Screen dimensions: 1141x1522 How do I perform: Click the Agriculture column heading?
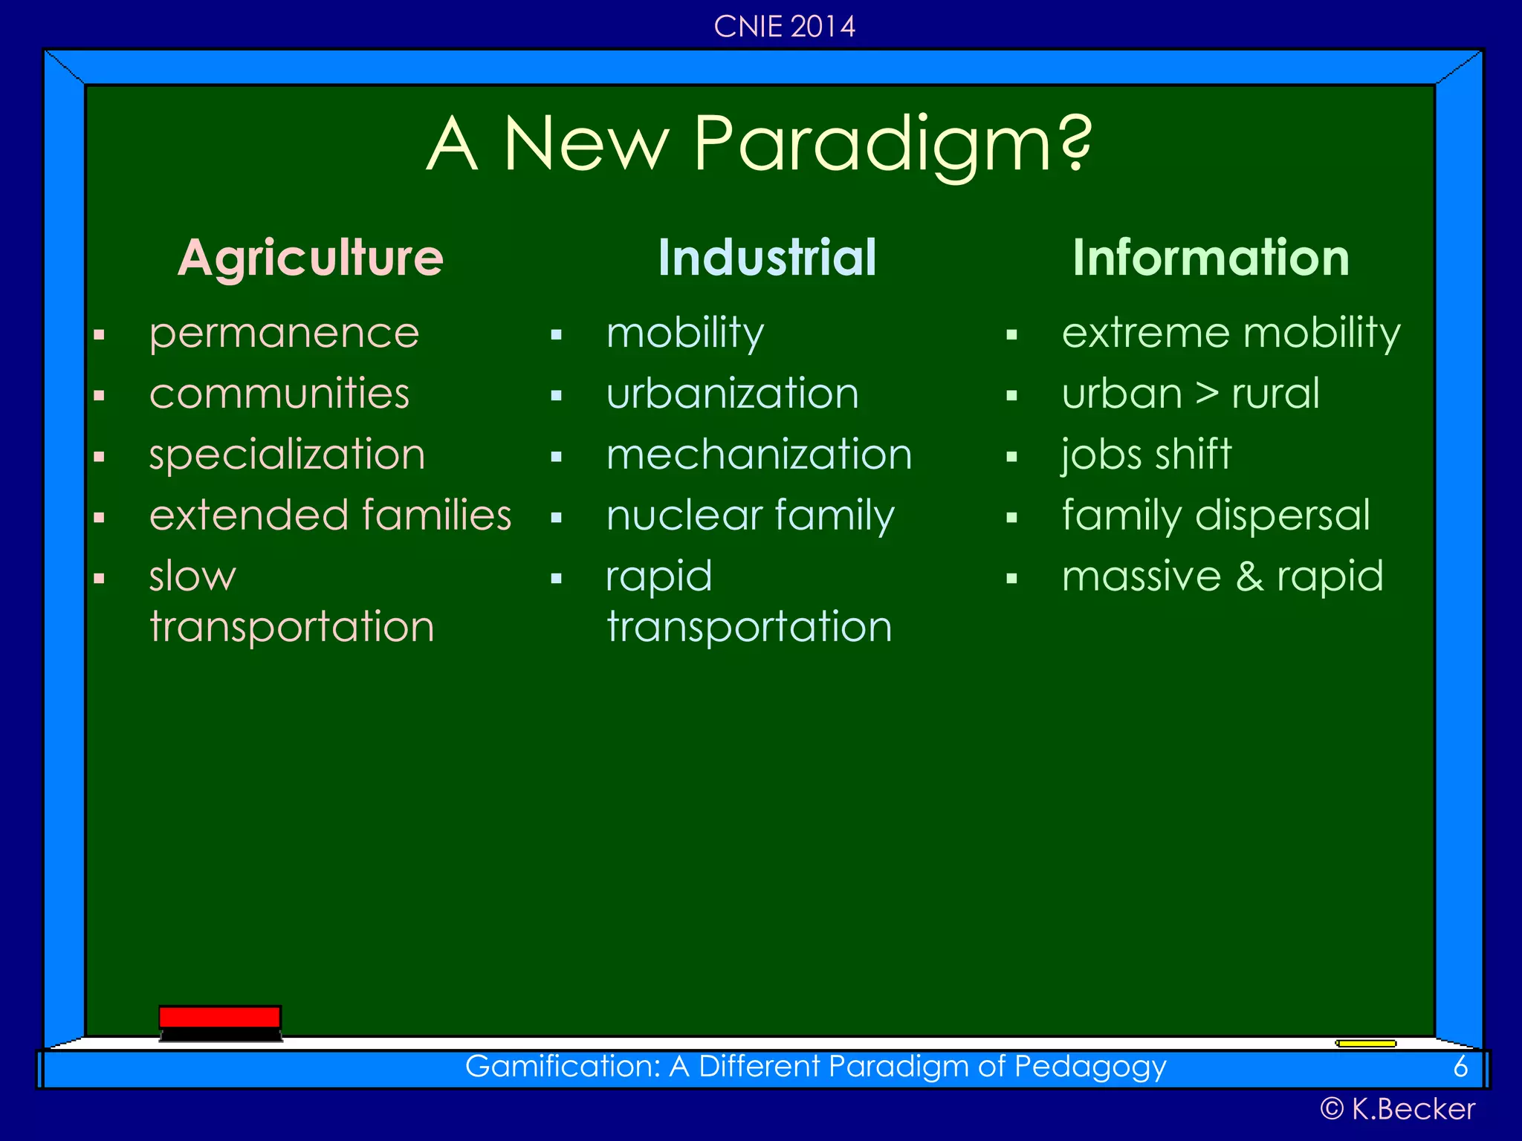pos(310,258)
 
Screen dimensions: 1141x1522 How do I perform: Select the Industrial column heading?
pos(767,258)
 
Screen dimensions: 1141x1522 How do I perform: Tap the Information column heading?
pos(1211,258)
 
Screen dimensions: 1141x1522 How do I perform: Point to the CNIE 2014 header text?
pos(784,27)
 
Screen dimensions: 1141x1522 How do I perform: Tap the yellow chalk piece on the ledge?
pos(1365,1043)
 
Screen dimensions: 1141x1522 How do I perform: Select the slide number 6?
pos(1460,1067)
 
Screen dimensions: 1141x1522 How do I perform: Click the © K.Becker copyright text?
pos(1397,1109)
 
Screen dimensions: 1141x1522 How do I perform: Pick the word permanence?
pos(284,334)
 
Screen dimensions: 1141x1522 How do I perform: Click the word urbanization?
pos(732,394)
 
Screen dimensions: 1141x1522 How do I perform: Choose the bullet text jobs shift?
pos(1146,455)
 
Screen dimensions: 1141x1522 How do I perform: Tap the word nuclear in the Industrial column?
pos(684,516)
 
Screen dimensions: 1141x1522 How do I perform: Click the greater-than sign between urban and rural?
pos(1207,394)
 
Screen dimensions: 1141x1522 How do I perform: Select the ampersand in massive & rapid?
pos(1249,576)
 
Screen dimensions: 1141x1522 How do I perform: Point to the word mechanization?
pos(759,455)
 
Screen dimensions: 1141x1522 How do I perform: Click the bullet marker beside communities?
pos(99,396)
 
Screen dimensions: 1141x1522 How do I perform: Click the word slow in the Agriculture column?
pos(192,576)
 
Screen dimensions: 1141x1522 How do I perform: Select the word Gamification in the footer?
pos(562,1067)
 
